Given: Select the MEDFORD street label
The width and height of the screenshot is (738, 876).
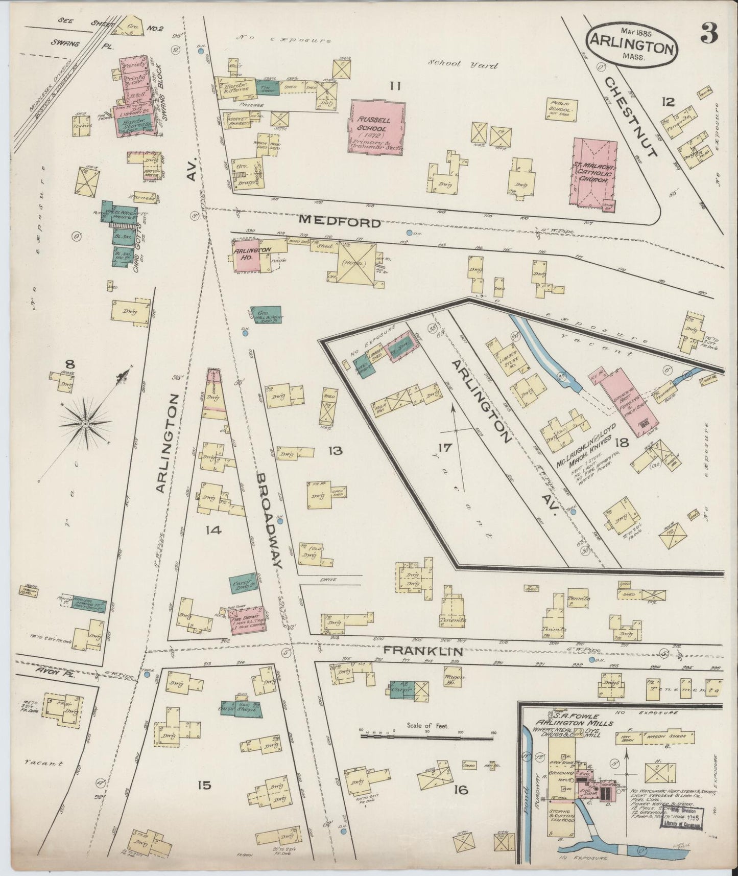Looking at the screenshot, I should (340, 222).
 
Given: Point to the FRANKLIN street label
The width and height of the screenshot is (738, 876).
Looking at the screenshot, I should (423, 651).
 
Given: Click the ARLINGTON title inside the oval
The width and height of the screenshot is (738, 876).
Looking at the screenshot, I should (632, 48).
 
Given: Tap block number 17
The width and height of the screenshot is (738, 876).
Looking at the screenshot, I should (444, 448).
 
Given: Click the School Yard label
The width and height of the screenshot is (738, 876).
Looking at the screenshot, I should (463, 65).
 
